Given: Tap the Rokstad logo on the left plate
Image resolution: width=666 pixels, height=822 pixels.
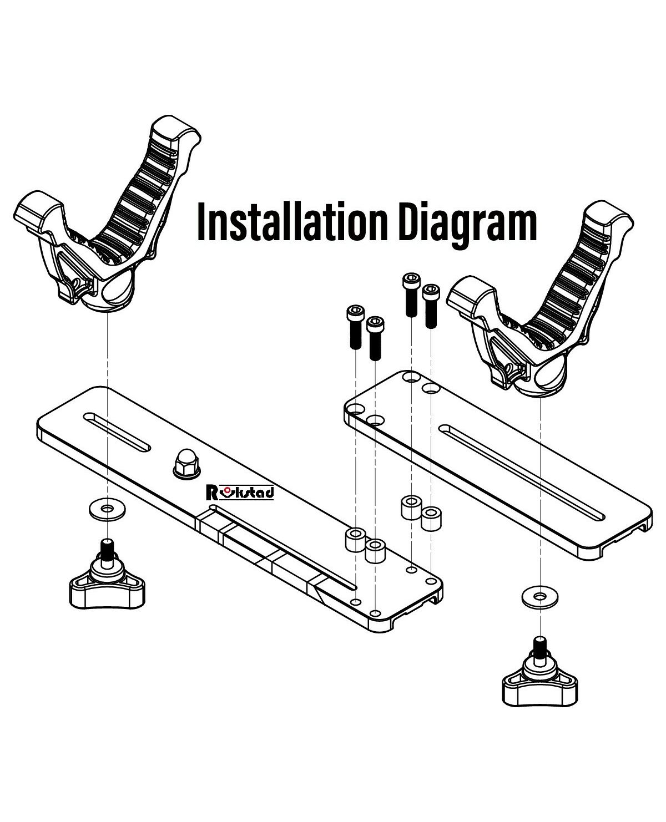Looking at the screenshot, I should [240, 492].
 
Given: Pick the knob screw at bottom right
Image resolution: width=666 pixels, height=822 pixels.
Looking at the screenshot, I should [538, 675].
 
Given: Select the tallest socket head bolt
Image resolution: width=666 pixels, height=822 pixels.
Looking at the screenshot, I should [411, 294].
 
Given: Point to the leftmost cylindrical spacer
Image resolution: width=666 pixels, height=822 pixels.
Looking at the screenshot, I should [355, 540].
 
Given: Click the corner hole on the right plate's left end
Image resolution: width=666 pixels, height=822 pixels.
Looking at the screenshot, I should [353, 410].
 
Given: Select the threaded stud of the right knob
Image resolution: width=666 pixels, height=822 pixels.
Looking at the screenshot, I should [538, 646].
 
